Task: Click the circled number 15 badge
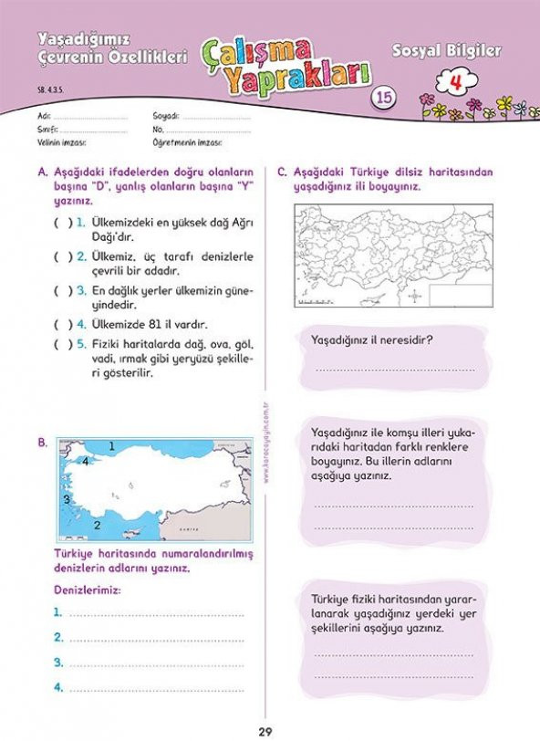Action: [x=384, y=99]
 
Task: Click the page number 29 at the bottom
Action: [x=269, y=729]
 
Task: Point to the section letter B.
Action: [x=42, y=443]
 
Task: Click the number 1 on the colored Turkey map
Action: [x=111, y=446]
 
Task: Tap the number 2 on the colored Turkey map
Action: [x=96, y=525]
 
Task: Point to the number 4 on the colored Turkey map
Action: [x=85, y=462]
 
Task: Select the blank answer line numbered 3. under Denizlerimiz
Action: [x=155, y=663]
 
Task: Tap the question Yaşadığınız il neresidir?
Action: [x=371, y=341]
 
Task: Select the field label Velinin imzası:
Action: [x=62, y=143]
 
